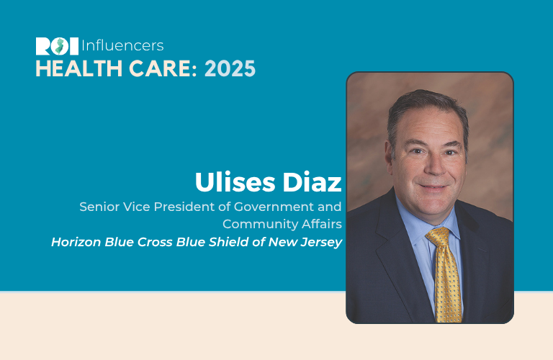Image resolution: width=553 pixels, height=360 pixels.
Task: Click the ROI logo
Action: tap(57, 46)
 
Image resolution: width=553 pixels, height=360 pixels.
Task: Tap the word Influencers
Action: tap(122, 46)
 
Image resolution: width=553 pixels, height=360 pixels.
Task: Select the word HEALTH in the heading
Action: tap(79, 68)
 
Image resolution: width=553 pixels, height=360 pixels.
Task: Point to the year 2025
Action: tap(230, 68)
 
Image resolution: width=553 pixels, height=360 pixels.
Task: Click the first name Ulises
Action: tap(235, 182)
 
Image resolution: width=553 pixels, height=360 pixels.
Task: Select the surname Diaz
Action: tap(312, 182)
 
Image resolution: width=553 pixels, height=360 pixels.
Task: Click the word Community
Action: tap(260, 224)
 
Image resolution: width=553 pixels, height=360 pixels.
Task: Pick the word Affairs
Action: tap(322, 224)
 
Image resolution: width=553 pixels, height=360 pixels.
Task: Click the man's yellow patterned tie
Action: tap(446, 275)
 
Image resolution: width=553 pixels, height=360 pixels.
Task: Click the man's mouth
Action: tap(433, 186)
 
